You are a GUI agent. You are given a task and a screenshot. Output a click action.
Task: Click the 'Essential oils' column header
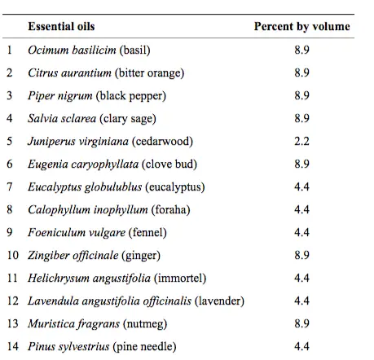(x=61, y=26)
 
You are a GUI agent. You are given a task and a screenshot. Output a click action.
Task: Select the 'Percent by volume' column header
(x=301, y=27)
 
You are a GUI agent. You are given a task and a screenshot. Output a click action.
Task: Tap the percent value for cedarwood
(x=301, y=141)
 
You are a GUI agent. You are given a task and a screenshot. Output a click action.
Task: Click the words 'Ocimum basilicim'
(x=72, y=50)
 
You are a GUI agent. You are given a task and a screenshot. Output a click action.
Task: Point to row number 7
(x=10, y=187)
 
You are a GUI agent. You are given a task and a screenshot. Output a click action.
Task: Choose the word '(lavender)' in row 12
(x=219, y=301)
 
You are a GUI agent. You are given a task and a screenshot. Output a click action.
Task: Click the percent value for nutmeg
(x=301, y=323)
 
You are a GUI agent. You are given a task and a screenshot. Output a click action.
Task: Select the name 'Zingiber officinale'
(x=73, y=255)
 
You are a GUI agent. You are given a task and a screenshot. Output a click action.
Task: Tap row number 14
(x=13, y=346)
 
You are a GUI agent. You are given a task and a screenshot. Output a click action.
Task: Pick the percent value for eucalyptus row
(x=301, y=187)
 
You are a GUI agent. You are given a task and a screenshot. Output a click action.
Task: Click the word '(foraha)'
(x=170, y=209)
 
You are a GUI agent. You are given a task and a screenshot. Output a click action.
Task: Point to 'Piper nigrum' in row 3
(x=60, y=96)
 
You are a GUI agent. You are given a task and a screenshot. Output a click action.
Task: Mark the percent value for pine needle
(x=301, y=346)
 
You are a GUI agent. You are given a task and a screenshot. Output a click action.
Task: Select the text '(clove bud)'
(x=169, y=164)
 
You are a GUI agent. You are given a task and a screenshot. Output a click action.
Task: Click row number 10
(x=13, y=255)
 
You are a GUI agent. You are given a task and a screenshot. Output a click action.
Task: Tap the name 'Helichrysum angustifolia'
(x=89, y=278)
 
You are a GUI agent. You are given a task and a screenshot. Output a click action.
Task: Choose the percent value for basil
(x=301, y=50)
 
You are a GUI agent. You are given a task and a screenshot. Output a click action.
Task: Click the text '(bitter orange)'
(x=149, y=73)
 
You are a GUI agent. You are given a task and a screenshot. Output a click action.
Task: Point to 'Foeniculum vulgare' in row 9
(x=77, y=232)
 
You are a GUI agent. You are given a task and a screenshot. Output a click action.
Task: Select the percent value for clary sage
(x=301, y=118)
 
